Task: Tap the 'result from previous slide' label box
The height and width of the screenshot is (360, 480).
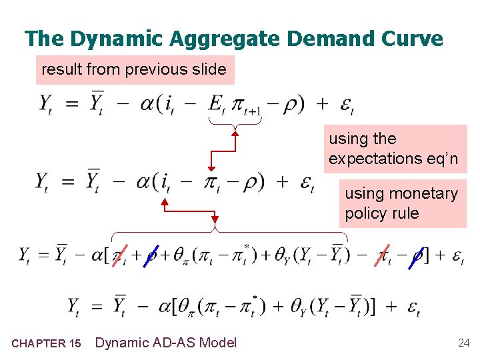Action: pos(134,69)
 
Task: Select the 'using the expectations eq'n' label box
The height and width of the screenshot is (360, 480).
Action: pos(395,149)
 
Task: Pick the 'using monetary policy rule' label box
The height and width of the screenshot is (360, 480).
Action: pos(402,203)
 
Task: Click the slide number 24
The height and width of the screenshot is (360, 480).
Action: pos(463,343)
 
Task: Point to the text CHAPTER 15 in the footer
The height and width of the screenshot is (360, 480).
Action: pos(47,344)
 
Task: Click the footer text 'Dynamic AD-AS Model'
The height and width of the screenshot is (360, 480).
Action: pos(166,343)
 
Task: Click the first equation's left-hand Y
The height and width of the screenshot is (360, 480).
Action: pos(45,105)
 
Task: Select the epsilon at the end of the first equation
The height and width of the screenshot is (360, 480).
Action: pos(347,105)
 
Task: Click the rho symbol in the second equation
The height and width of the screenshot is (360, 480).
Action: pos(251,181)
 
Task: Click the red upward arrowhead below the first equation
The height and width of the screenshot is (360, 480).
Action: pos(235,134)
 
